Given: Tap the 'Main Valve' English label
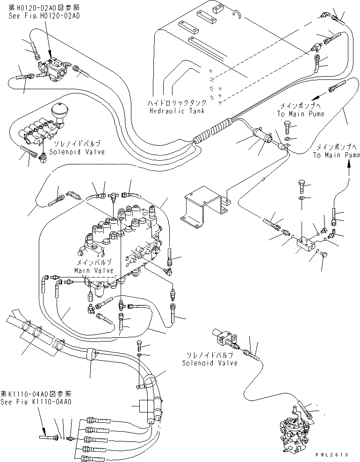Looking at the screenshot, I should (x=94, y=270).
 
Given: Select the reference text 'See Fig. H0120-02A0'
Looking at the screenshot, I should (x=37, y=15).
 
